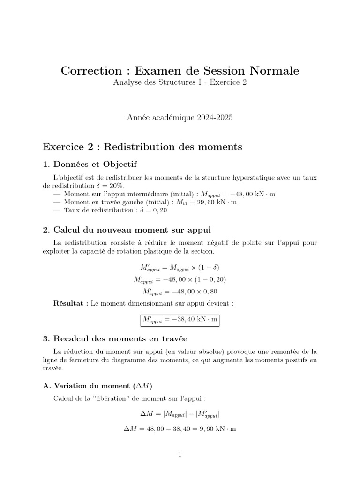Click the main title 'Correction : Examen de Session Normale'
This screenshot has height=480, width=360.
coord(180,71)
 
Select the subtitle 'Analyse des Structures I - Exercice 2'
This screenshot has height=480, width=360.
coord(180,82)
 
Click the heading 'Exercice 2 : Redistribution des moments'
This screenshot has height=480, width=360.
coord(142,147)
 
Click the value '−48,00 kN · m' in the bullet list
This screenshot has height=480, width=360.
coord(237,194)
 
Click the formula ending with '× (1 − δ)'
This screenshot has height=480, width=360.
coord(180,268)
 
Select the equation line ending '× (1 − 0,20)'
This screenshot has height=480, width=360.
coord(180,280)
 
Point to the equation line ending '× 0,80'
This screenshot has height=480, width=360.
coord(180,292)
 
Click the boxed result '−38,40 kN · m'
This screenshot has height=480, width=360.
coord(180,320)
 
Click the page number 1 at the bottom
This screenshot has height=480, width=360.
coord(180,454)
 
